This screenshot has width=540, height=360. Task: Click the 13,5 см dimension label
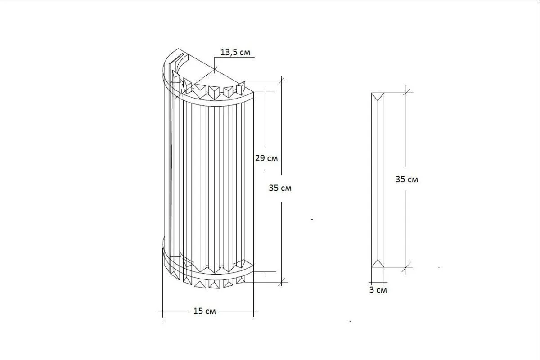(x=235, y=52)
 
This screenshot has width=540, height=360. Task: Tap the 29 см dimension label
(x=266, y=158)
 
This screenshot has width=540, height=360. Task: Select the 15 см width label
(x=205, y=311)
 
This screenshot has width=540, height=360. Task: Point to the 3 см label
(x=378, y=290)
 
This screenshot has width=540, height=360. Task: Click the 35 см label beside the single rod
(x=407, y=180)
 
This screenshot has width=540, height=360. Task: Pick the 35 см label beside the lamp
(x=280, y=188)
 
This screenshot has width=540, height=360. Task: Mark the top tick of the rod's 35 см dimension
(x=406, y=93)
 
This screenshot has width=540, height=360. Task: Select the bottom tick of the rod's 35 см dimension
(x=406, y=267)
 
